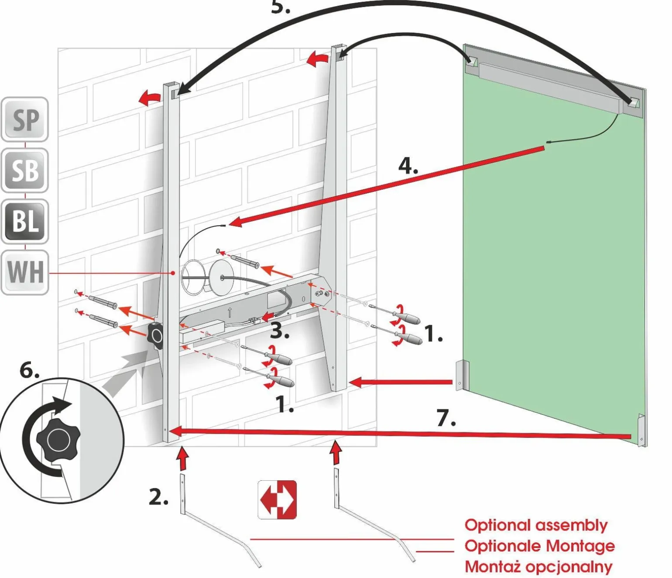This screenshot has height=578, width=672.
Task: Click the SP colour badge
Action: pos(25,120)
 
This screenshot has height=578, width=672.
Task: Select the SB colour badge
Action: pos(25,170)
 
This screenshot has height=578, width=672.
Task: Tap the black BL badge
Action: pos(25,221)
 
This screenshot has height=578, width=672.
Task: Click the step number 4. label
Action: pos(408,166)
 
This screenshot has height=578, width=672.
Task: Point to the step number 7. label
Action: pos(446,417)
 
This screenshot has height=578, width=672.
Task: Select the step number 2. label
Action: pos(158,497)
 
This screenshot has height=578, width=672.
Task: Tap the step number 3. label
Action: pos(280,331)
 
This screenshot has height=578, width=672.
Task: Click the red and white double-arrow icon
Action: pos(278,499)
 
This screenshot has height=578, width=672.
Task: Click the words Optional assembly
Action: pos(536,525)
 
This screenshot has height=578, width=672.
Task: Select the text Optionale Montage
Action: pos(539,546)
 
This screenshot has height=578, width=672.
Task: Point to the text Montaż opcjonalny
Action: pos(538,567)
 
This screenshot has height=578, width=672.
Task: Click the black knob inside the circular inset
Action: pos(58,439)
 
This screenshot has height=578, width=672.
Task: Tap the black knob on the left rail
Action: pos(155,336)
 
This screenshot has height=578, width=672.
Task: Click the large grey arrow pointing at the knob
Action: pos(127,373)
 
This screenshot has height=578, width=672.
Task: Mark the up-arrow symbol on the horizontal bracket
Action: pos(230,312)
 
